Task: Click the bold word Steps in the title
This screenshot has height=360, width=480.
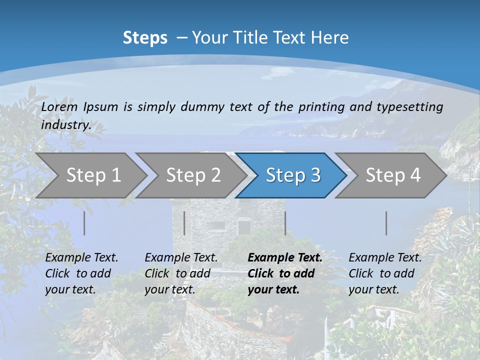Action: (145, 38)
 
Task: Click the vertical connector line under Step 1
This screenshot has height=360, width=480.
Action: (84, 223)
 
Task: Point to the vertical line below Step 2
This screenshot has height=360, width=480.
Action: (184, 223)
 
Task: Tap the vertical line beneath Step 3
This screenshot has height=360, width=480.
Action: (285, 223)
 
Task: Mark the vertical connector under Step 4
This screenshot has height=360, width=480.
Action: (386, 223)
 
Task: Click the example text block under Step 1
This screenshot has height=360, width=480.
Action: (81, 273)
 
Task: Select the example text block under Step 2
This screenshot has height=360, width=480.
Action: (181, 273)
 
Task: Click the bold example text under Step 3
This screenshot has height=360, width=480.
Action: (285, 273)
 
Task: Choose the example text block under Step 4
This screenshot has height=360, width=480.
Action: (385, 273)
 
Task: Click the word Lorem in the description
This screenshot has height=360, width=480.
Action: (59, 107)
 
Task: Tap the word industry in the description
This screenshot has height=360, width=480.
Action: (65, 124)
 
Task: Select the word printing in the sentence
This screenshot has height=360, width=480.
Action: (321, 107)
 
